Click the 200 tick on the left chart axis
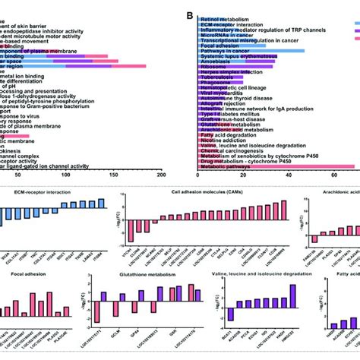click(x=161, y=175)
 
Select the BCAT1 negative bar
click(x=231, y=312)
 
